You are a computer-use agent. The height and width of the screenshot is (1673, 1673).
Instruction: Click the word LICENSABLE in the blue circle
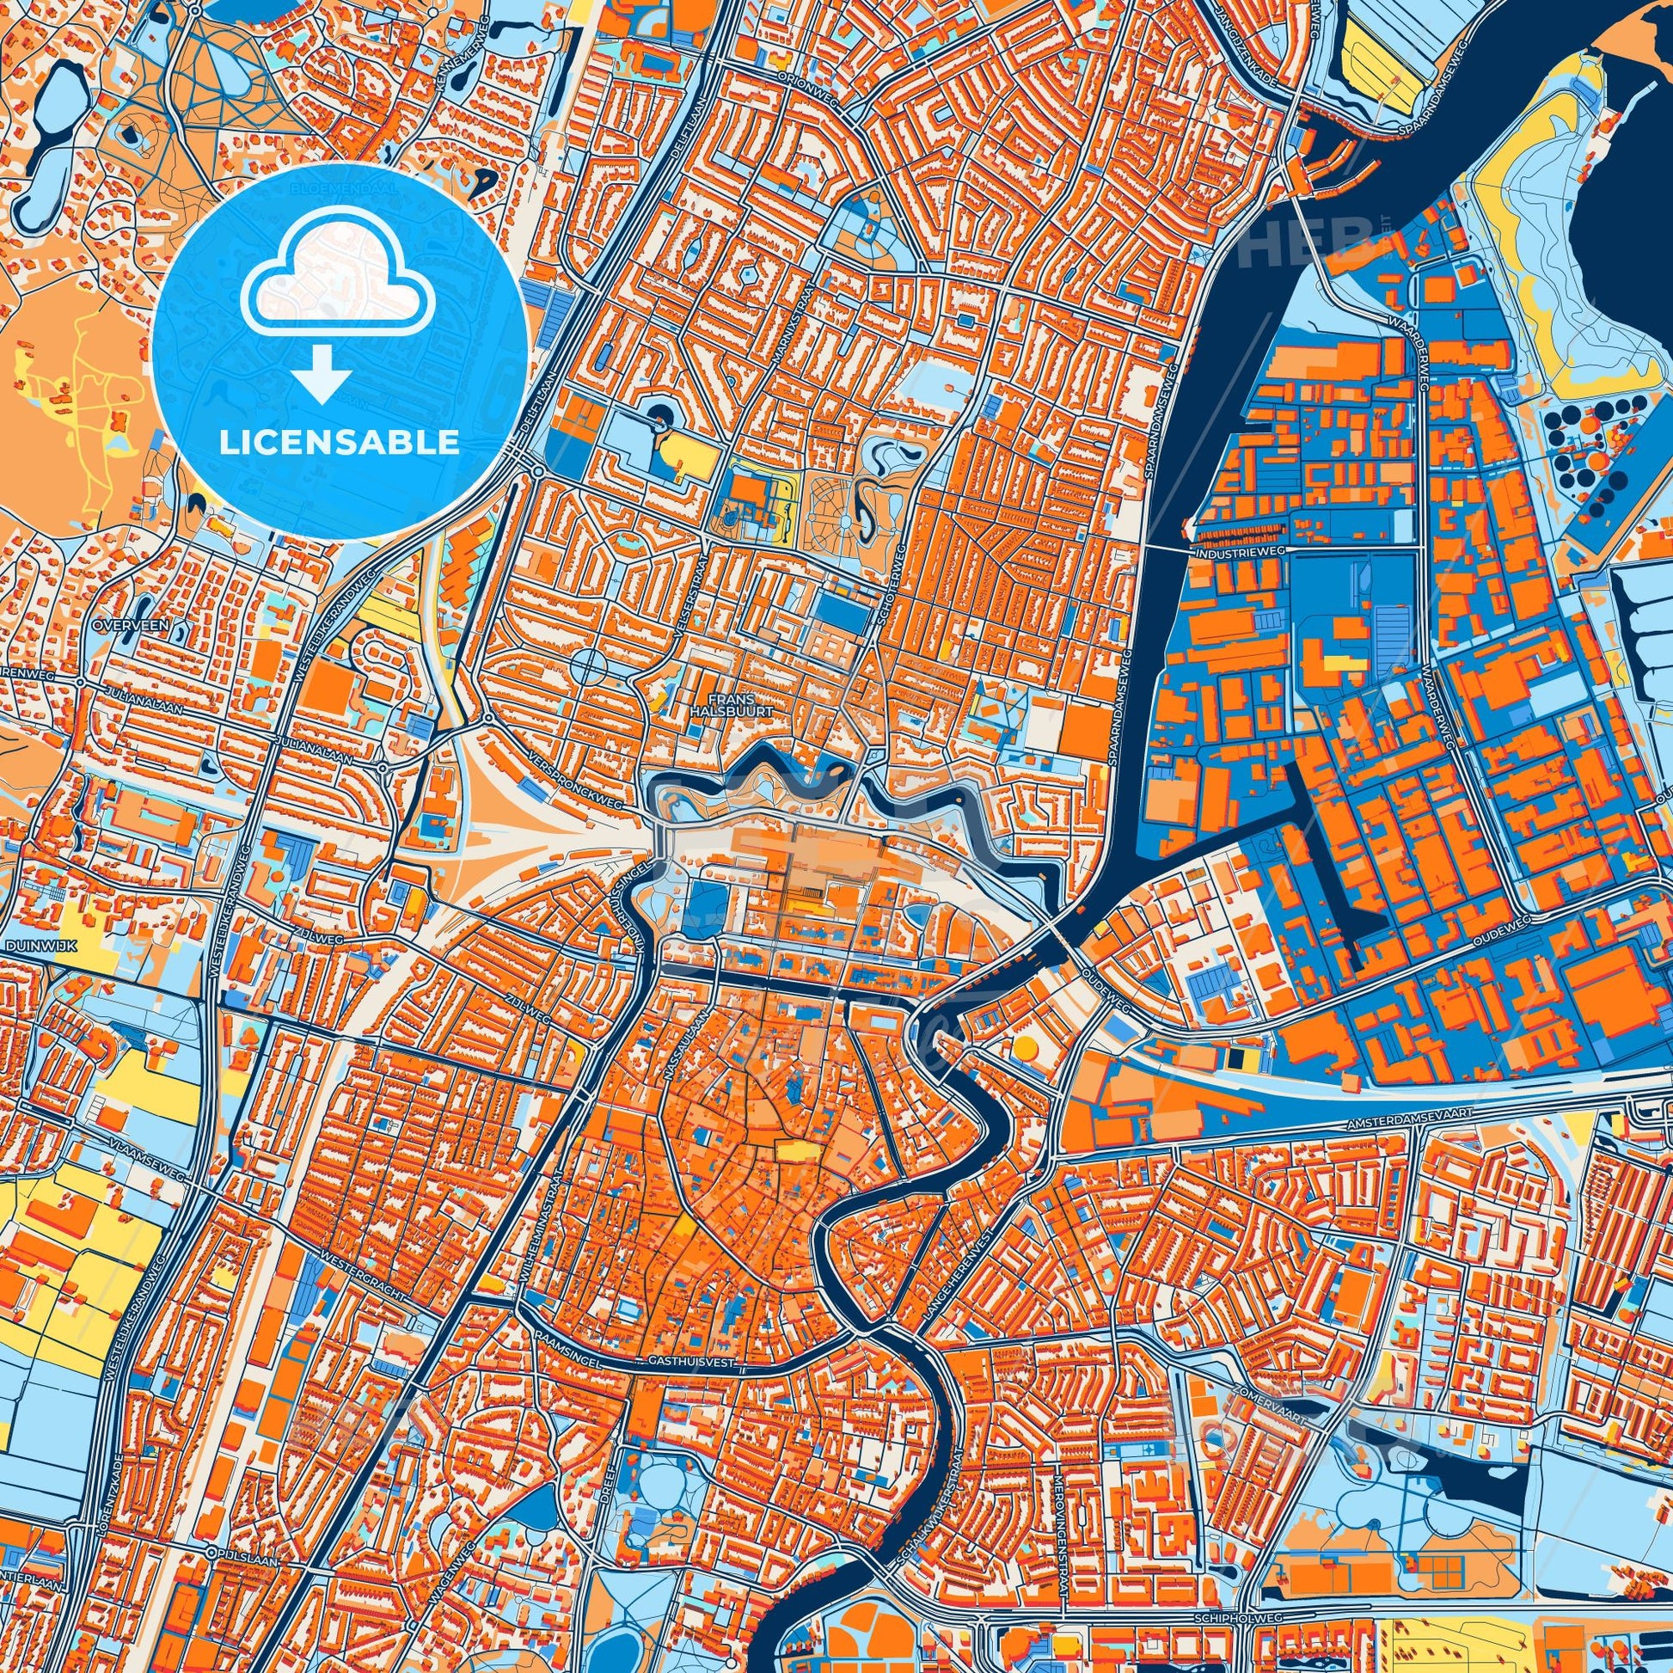339,443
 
